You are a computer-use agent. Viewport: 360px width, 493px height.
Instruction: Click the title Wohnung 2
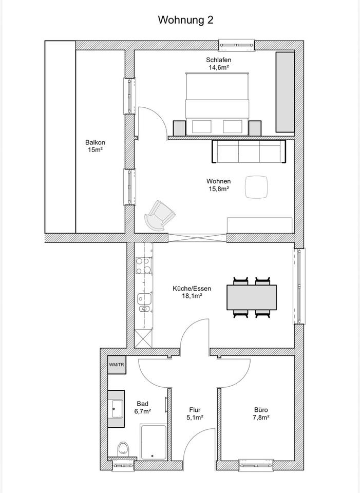coord(185,20)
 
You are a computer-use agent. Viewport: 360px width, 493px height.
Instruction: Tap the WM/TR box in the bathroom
coord(117,365)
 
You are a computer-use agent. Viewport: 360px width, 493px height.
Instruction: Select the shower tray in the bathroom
coord(153,442)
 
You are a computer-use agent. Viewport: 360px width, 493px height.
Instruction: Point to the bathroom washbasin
coord(116,409)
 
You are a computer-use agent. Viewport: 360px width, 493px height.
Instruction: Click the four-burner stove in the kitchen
coord(144,266)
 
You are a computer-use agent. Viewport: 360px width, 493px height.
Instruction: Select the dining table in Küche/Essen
coord(252,297)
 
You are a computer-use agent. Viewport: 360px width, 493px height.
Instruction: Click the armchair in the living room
coord(160,215)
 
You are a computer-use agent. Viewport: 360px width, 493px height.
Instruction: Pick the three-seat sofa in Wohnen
coord(249,151)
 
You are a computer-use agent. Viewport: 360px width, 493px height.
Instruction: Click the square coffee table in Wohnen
coord(257,187)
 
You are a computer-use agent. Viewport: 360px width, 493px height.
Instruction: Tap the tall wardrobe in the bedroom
coord(285,92)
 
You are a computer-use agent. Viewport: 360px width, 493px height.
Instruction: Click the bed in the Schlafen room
coord(217,104)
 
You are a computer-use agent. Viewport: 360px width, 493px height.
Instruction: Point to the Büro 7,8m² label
coord(261,414)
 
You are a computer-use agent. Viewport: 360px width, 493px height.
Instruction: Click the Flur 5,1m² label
coord(195,414)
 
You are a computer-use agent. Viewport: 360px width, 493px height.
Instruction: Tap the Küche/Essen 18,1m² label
coord(192,292)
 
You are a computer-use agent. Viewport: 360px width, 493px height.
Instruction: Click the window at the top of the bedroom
coord(237,45)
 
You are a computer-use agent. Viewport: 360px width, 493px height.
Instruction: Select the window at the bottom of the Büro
coord(256,466)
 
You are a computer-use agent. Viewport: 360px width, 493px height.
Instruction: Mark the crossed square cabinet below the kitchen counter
coord(143,338)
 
